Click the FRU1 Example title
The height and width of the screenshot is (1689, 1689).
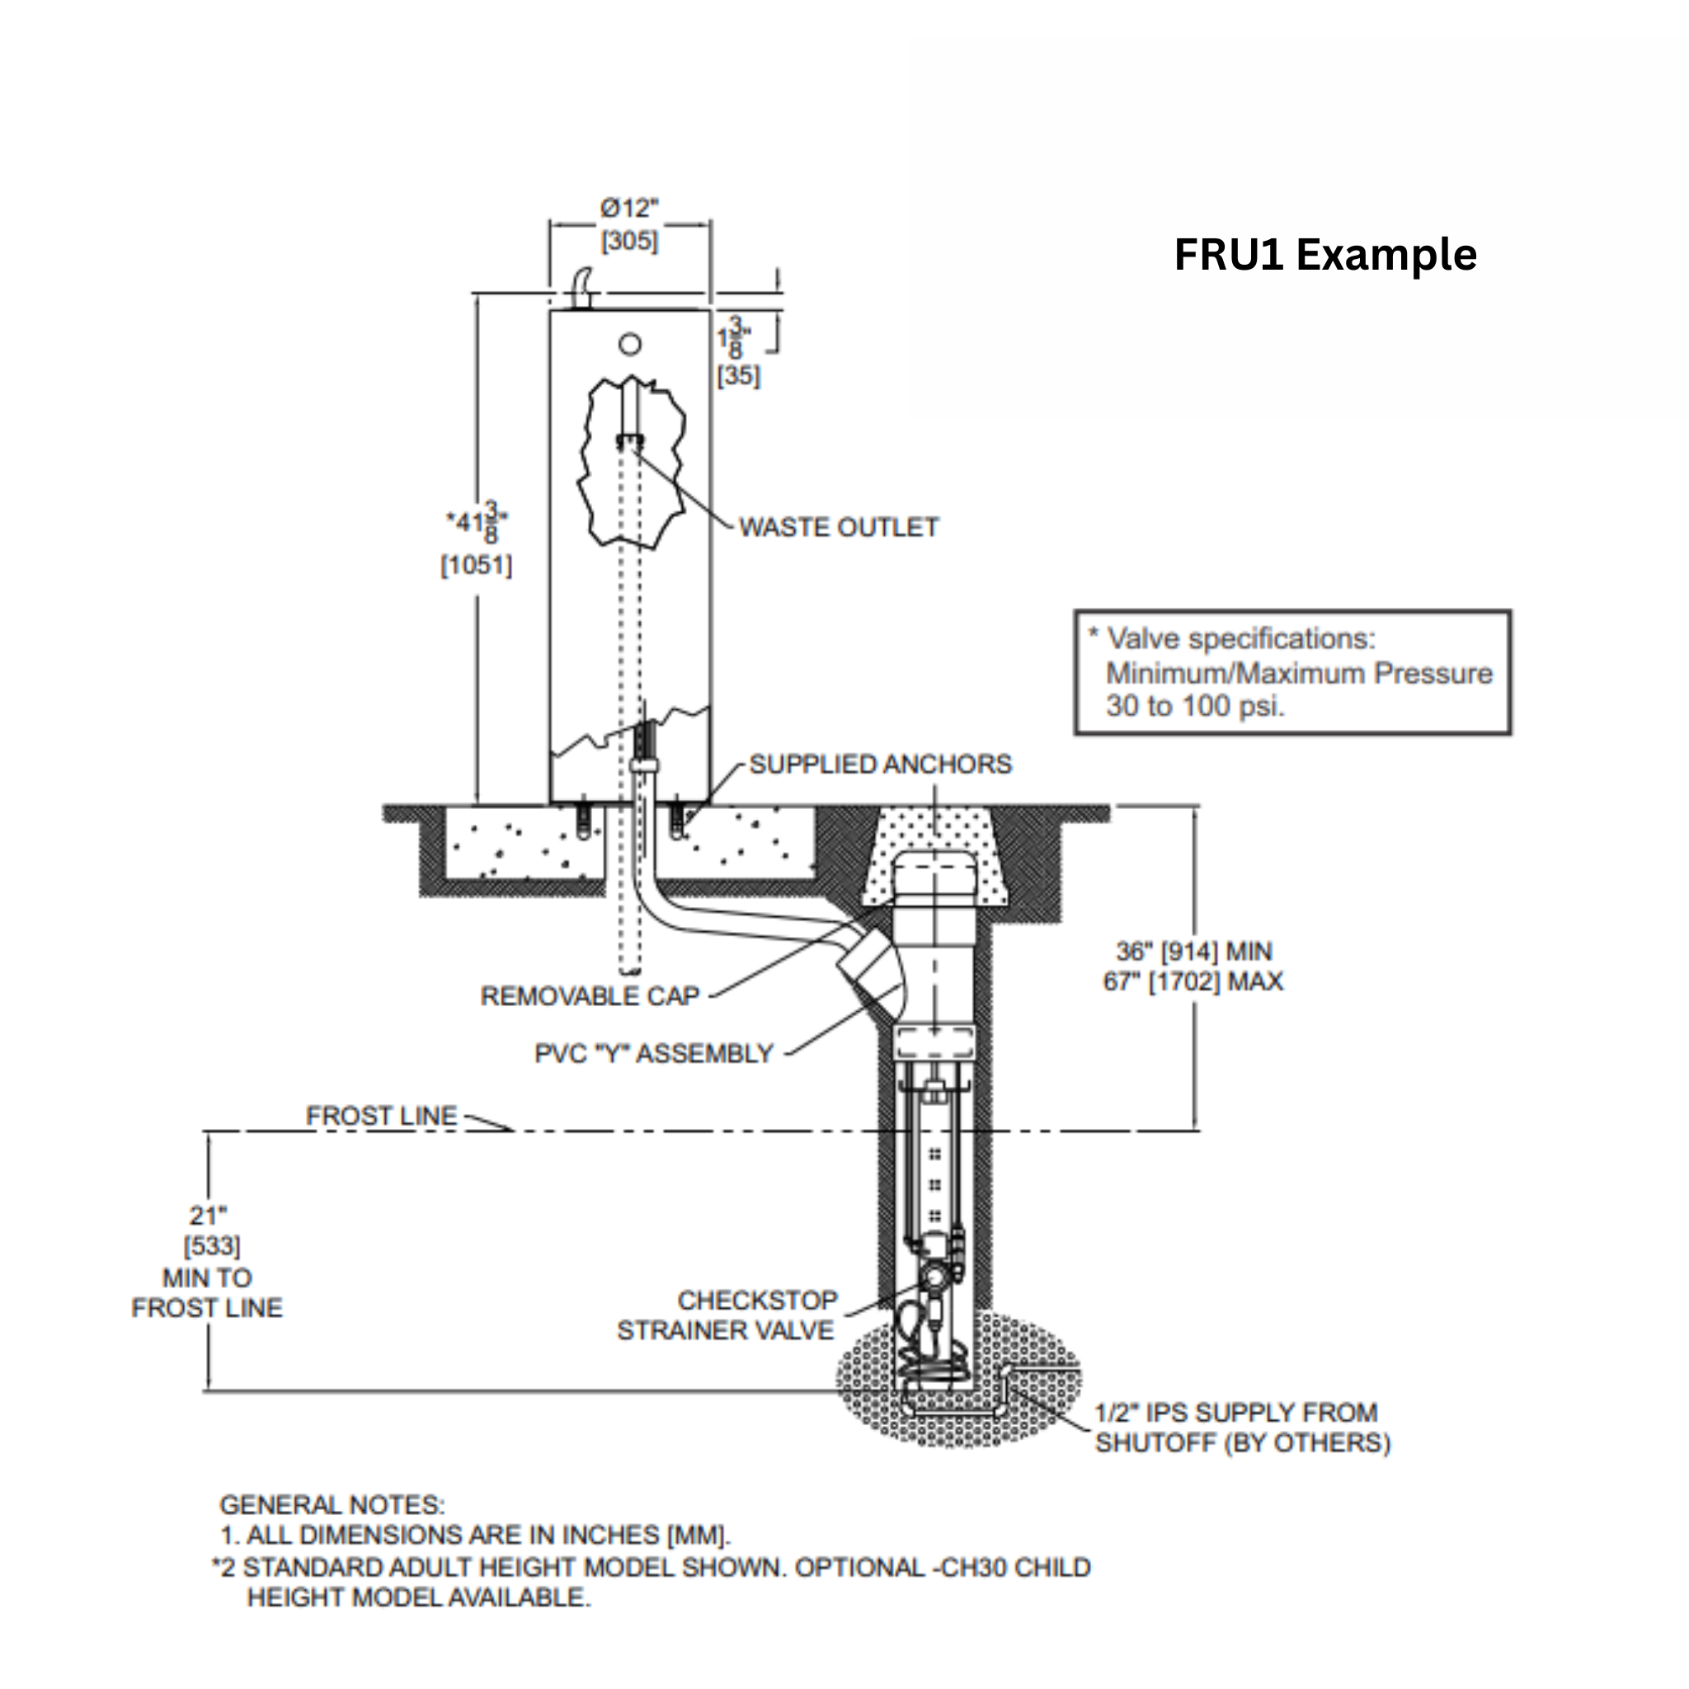1324,256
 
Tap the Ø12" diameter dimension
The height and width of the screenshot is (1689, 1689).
628,209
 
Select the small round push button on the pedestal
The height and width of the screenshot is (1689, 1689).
629,345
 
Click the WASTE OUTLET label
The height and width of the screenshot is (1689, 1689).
839,527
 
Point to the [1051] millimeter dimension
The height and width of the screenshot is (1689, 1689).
477,566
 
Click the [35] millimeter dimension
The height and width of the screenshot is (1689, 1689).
739,376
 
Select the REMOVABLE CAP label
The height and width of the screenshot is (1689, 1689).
590,995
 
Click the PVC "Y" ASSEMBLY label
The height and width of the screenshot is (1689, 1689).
654,1053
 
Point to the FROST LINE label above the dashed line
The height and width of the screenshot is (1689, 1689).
381,1116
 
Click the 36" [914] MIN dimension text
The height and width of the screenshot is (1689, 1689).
1193,951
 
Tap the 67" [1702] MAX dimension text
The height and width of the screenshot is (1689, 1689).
1193,981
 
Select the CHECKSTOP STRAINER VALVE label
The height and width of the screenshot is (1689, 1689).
726,1315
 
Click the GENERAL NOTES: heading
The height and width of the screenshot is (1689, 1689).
332,1504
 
